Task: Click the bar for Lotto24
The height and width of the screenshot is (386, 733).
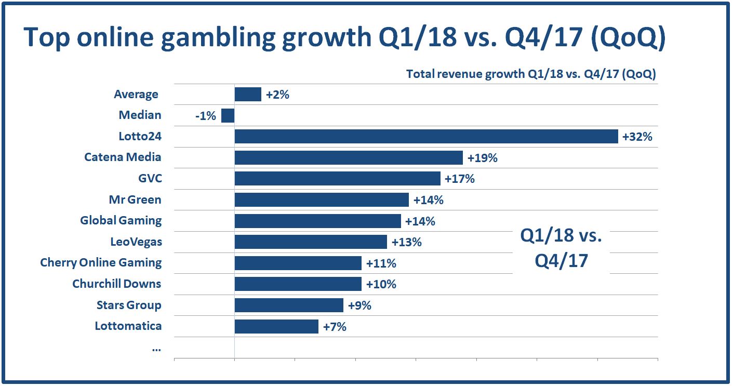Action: point(426,137)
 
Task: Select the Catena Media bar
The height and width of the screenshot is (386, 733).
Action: point(348,158)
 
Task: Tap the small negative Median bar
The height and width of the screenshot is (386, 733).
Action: point(228,115)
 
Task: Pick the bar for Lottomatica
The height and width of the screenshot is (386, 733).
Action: point(276,326)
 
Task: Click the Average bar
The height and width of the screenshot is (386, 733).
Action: point(248,95)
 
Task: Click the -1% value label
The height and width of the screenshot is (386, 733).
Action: point(206,116)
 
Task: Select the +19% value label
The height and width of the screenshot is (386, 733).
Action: point(483,158)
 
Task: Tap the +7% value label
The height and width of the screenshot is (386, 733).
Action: point(335,327)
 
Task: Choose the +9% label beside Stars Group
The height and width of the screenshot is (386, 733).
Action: point(359,305)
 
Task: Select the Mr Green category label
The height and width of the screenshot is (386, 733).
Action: point(135,199)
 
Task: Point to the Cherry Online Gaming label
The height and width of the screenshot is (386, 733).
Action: point(101,262)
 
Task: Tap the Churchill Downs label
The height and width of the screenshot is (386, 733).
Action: point(117,284)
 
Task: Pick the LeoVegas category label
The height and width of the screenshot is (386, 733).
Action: point(136,242)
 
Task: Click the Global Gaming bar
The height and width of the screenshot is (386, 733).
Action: point(317,221)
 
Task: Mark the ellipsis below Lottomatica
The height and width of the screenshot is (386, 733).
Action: point(156,348)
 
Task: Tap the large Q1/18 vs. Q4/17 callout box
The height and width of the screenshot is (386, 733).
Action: point(561,248)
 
